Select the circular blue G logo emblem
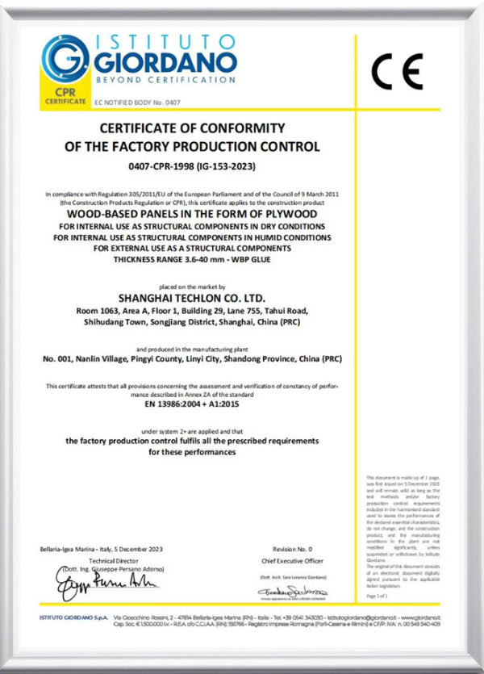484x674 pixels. tap(64, 57)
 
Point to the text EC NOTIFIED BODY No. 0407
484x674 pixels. tap(134, 103)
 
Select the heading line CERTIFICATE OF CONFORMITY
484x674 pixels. tap(192, 128)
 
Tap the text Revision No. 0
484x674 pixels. tap(282, 548)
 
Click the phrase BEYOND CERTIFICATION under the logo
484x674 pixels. tap(165, 81)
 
